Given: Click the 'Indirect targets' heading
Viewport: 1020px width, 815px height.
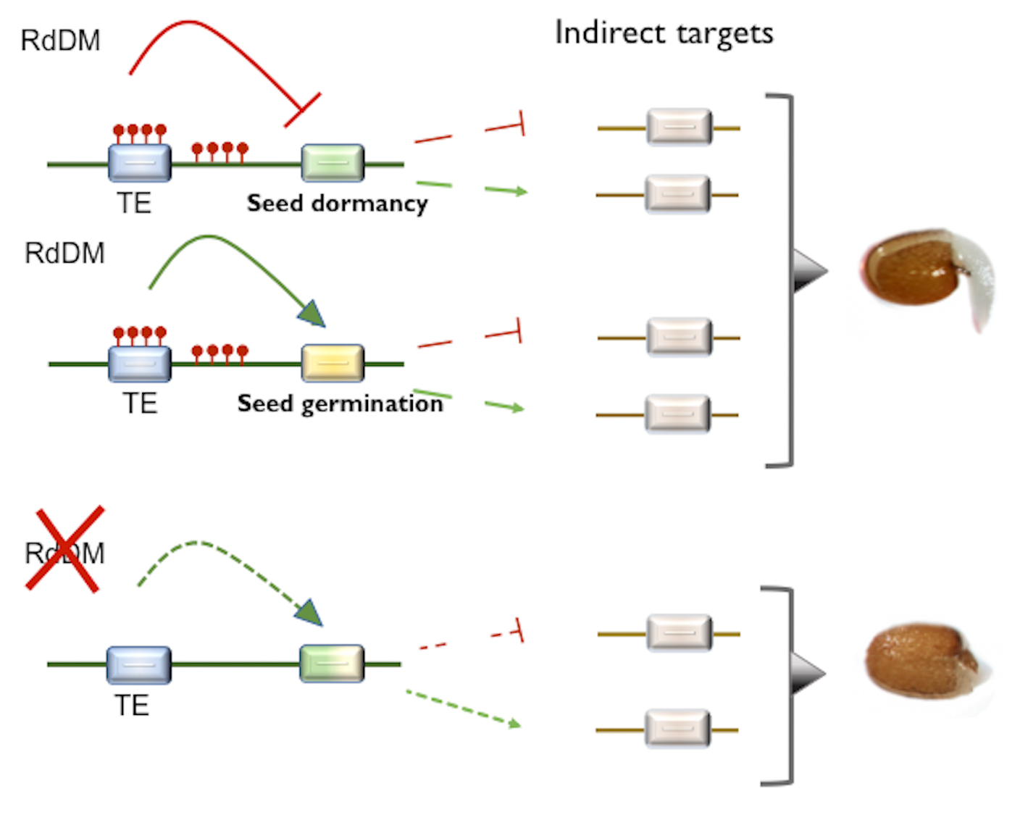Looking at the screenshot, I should tap(664, 34).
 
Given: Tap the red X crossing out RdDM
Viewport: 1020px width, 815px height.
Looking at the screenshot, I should tap(64, 550).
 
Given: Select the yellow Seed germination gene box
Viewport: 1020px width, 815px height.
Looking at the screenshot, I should tap(333, 362).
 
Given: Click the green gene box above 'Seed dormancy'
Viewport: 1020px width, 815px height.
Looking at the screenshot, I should tap(333, 162).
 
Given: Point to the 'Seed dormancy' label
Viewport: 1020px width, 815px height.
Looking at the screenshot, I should tap(337, 204).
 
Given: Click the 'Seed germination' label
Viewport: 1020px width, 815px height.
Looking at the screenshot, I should tap(340, 404).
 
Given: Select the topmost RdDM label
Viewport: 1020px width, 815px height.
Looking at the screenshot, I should tap(60, 41).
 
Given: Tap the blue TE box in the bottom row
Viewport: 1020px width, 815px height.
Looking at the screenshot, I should tap(139, 664).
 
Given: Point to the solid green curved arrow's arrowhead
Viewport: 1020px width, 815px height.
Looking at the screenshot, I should tap(312, 314).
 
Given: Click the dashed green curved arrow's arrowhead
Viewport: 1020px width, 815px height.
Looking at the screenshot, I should tap(309, 614).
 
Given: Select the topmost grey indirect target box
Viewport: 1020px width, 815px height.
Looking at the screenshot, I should tap(679, 128).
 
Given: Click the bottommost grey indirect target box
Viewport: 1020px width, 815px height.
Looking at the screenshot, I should tap(677, 729).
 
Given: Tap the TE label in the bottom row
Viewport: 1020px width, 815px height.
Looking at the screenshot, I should tap(132, 706).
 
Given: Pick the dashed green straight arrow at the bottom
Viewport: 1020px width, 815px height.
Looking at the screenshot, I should tap(464, 709).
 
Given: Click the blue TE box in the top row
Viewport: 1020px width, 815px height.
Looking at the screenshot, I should tap(140, 162).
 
